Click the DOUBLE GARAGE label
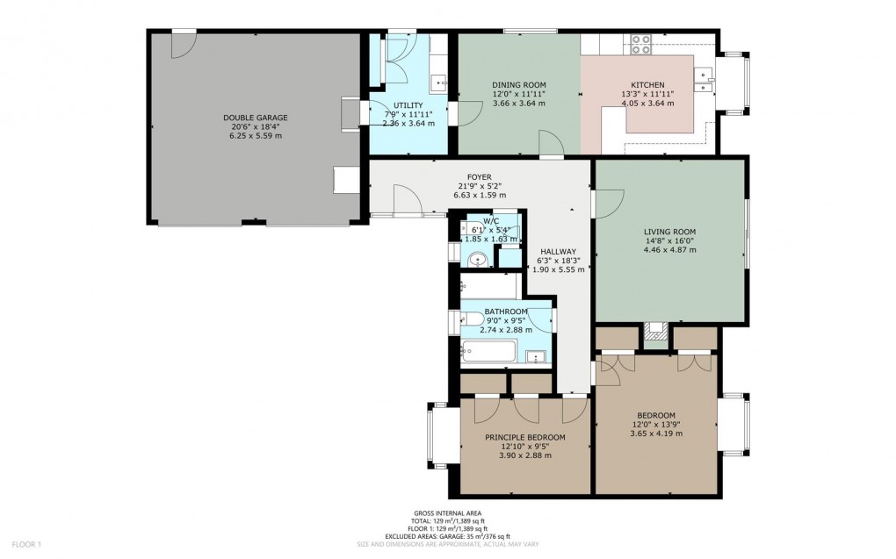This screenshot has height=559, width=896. [255, 118]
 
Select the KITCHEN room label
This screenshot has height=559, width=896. [647, 85]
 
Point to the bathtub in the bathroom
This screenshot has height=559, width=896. [488, 353]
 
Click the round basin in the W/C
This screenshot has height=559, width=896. [478, 259]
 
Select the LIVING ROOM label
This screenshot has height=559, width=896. [669, 232]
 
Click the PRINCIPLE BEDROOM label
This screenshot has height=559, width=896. [525, 437]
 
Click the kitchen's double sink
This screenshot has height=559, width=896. [704, 81]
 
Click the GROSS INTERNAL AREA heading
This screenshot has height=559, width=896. [447, 513]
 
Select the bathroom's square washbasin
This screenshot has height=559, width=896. [537, 356]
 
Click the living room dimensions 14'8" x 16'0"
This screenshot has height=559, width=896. [669, 240]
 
